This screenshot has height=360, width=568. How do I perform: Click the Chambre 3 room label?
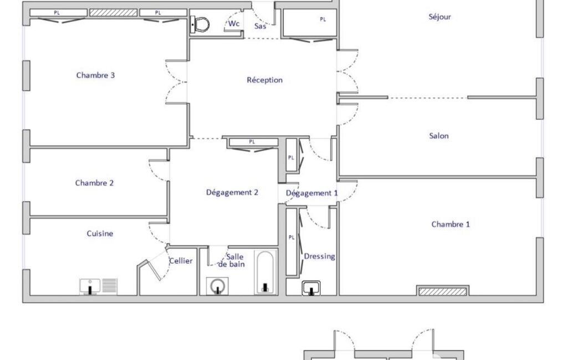coord(95,75)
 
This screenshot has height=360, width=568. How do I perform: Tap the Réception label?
coord(264,80)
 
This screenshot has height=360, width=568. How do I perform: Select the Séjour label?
coord(440,17)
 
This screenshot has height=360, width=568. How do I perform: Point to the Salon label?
coord(439,136)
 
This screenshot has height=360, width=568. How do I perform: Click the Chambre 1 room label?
coord(451,224)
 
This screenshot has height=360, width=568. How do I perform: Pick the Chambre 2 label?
coord(94,183)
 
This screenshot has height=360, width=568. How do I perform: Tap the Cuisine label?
coord(100,234)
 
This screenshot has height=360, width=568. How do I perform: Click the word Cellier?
coord(181,261)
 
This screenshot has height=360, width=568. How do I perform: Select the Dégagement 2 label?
coord(232,192)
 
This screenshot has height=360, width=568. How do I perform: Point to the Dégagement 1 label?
coord(311,193)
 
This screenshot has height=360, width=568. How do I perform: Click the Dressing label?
coord(319,256)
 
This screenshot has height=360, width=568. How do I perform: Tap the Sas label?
coord(260,26)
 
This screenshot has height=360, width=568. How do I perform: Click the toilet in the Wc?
coord(200,24)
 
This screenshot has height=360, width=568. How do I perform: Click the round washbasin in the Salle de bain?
coord(217,286)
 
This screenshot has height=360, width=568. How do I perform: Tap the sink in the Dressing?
coord(311,288)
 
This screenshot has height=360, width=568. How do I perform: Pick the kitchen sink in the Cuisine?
coord(90,286)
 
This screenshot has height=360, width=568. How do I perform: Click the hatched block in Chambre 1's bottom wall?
coord(443,291)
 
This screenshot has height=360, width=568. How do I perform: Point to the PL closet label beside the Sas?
coord(323,19)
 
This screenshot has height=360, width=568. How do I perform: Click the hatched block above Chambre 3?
coord(114,13)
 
